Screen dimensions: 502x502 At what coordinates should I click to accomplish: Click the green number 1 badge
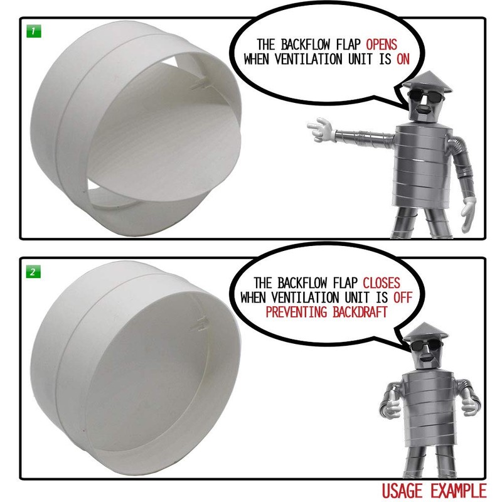[34, 31]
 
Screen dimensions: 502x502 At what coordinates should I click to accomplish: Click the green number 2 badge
[33, 272]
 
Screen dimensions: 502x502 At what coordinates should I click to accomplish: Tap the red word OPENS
[382, 45]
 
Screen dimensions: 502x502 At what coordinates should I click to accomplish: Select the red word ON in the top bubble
[403, 59]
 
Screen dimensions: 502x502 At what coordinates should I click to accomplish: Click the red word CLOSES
[382, 283]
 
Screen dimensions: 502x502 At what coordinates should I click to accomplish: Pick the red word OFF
[402, 297]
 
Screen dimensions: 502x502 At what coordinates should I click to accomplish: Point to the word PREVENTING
[296, 312]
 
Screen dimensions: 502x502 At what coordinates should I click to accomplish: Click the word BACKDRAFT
[360, 312]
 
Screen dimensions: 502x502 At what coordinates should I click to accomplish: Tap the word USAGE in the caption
[402, 491]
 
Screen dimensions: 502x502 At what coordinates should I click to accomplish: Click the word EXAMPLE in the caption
[458, 491]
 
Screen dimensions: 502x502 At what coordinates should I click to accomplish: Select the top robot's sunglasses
[425, 95]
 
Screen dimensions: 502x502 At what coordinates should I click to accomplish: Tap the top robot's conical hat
[427, 82]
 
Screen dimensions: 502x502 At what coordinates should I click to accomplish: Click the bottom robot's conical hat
[425, 333]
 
